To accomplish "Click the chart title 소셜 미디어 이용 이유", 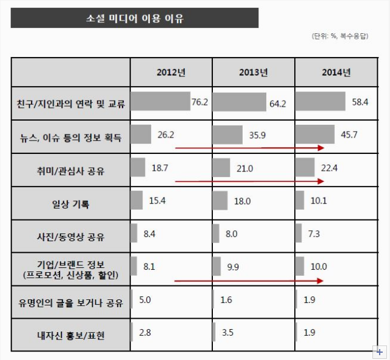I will click(135, 18).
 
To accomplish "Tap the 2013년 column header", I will click(253, 73).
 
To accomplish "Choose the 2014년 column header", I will click(336, 73).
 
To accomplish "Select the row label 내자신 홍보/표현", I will click(71, 335).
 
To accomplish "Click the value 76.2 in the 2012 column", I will click(200, 102).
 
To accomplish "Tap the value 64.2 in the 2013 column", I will click(277, 104).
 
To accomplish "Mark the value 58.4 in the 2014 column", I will click(360, 102).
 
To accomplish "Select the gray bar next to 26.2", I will click(141, 134).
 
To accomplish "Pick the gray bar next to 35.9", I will click(227, 135).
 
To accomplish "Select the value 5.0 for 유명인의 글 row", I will click(145, 299).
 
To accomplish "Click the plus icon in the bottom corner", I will click(380, 352).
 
